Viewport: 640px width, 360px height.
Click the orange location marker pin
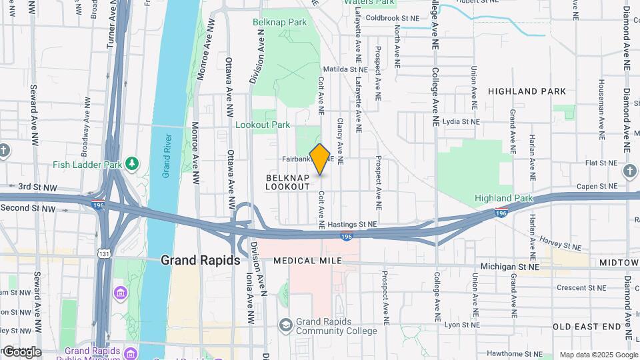(x=320, y=159)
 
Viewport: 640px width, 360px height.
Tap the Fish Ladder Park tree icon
(x=133, y=163)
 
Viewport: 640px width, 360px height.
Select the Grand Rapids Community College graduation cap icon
(x=285, y=325)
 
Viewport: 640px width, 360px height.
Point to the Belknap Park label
(x=279, y=22)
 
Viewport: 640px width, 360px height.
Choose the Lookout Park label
(x=263, y=125)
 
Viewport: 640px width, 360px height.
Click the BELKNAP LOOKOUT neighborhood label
(x=288, y=182)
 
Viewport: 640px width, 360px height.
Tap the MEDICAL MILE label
(x=307, y=260)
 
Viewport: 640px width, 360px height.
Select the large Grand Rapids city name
(x=200, y=260)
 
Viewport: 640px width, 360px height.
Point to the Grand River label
(x=167, y=156)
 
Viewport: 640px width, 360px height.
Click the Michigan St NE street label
(x=510, y=267)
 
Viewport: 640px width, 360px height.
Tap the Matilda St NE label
(x=345, y=69)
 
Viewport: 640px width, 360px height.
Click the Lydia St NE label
(x=461, y=122)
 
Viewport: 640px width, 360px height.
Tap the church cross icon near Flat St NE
(x=629, y=171)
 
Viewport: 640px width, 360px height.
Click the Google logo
(x=21, y=351)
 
